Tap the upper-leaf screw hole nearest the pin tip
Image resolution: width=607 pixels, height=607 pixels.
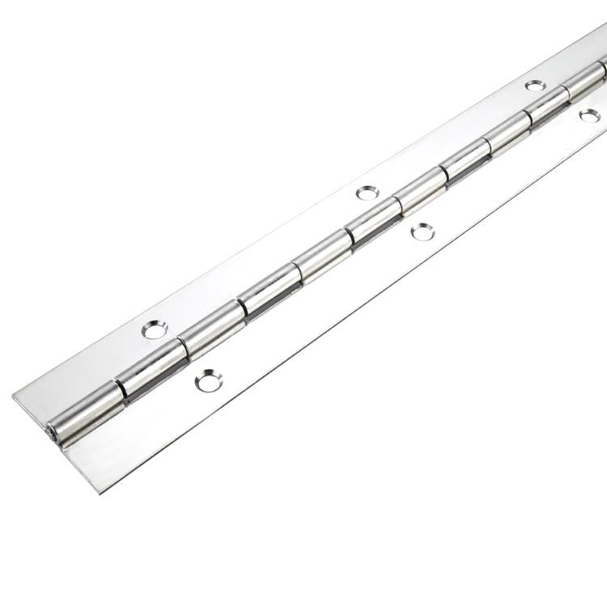(x=155, y=329)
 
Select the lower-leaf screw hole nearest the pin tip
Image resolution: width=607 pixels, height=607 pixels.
(x=209, y=380)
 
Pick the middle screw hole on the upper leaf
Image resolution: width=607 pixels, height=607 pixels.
(x=368, y=193)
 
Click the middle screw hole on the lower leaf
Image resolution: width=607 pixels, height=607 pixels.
(x=422, y=231)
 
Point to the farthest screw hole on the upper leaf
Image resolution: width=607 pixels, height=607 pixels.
(x=535, y=84)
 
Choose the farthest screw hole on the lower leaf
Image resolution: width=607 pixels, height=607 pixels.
(x=590, y=116)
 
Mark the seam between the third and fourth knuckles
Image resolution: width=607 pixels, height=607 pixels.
(x=240, y=310)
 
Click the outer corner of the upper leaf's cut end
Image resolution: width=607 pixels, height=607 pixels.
(x=13, y=396)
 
